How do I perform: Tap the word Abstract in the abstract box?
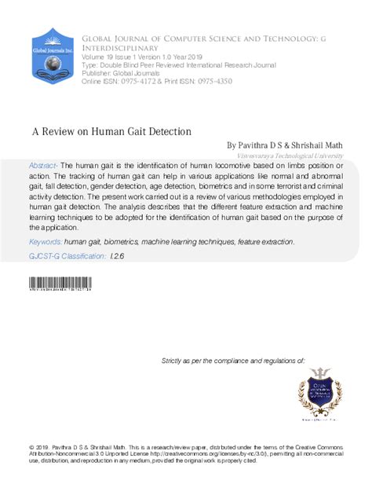(x=44, y=167)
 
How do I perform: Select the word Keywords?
(x=45, y=242)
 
